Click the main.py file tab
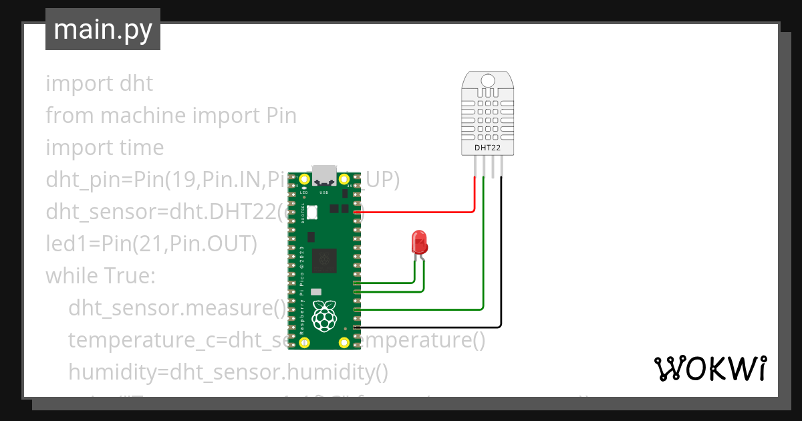[x=102, y=29]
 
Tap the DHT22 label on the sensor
[x=487, y=146]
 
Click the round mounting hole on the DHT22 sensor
[x=488, y=81]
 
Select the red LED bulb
[x=420, y=241]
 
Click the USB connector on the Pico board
[x=325, y=174]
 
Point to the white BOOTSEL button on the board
[x=311, y=211]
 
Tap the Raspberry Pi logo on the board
[x=325, y=316]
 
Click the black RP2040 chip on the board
[x=325, y=258]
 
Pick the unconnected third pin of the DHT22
[x=493, y=166]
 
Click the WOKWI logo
[x=710, y=369]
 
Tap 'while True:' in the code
[x=100, y=275]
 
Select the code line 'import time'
[x=104, y=147]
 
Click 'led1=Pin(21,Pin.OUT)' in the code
[x=151, y=244]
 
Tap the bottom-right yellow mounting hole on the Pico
[x=344, y=342]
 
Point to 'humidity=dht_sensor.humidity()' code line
[x=228, y=372]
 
